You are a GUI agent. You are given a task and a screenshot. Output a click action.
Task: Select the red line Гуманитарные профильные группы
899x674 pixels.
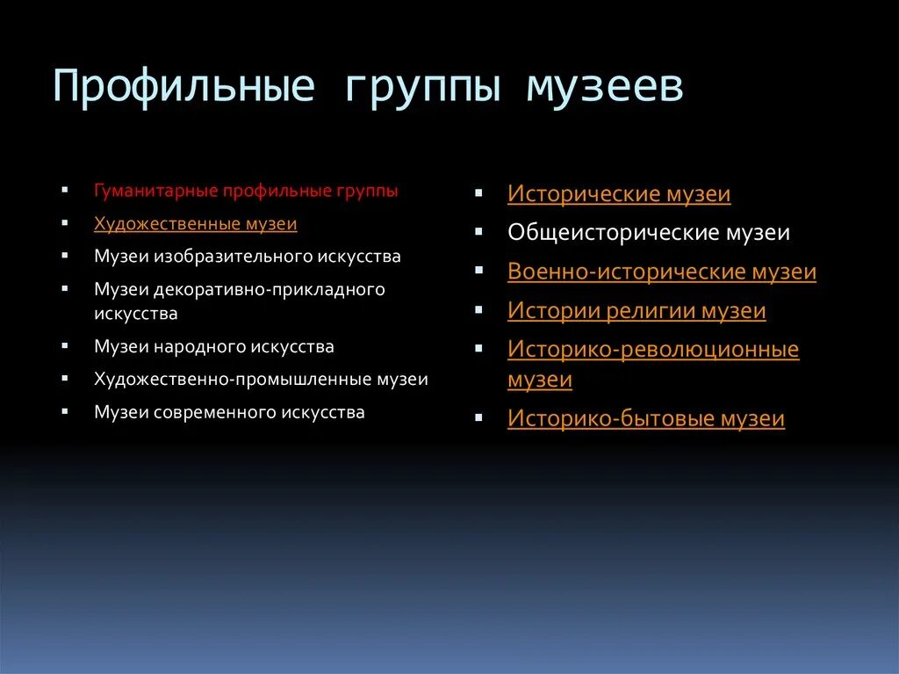point(246,191)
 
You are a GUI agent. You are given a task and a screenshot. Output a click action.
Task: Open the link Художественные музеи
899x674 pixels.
point(195,224)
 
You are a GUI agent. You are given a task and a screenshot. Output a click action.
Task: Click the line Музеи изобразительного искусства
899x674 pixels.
point(247,257)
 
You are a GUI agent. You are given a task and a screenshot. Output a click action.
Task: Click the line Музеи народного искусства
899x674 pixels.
point(213,346)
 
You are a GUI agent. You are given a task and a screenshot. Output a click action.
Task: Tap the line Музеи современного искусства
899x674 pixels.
point(229,412)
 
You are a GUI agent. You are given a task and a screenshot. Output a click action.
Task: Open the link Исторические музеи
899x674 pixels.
point(619,194)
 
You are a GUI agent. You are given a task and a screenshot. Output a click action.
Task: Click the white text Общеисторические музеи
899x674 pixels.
point(648,233)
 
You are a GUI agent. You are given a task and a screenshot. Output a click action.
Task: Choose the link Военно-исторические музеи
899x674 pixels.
point(661,272)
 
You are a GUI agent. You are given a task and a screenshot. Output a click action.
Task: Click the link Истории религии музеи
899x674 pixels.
point(636,311)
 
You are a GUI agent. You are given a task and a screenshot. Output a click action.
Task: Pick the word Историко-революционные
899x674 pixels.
point(652,350)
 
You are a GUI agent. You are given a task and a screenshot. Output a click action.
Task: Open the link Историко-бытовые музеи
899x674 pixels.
point(645,419)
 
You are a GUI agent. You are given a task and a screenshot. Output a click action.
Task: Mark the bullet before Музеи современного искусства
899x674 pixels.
point(65,410)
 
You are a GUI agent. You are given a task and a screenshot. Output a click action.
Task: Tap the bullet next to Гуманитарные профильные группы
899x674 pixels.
point(65,189)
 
